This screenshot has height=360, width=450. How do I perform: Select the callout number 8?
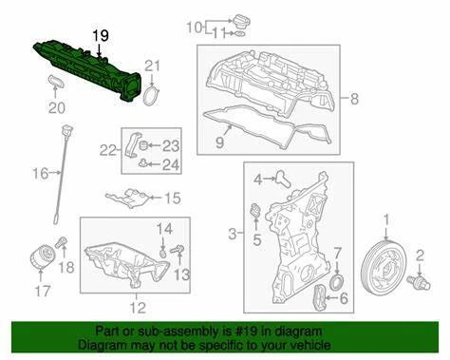(x=355, y=99)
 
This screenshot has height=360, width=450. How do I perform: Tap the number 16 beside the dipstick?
(x=40, y=172)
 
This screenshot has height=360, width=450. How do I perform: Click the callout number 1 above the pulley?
(x=385, y=220)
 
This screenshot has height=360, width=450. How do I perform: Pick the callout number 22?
(x=108, y=150)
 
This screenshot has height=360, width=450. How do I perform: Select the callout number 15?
(x=171, y=199)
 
